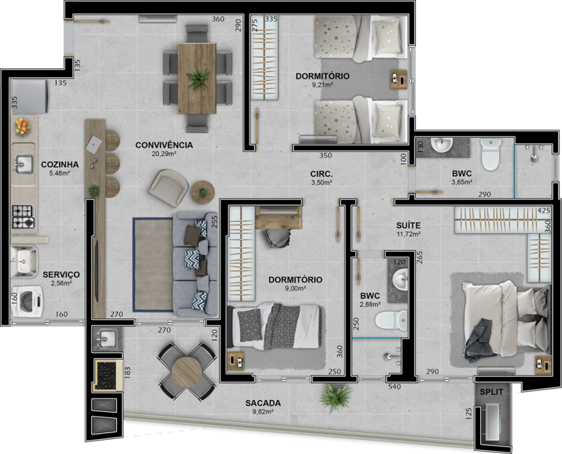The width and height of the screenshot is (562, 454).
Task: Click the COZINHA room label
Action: (60, 165)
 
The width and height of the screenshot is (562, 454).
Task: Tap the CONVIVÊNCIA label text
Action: (164, 145)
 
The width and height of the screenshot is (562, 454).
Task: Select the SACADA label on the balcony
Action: (263, 403)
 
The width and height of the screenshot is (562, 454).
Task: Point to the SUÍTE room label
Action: (408, 226)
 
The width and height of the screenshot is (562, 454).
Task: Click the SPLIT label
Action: (492, 392)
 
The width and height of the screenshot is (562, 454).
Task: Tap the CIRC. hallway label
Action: (321, 174)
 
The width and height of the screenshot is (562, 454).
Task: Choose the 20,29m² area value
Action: (165, 154)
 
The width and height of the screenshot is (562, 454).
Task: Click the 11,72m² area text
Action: (408, 234)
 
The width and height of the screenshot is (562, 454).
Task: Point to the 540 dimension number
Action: (395, 387)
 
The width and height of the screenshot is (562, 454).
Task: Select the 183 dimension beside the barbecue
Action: (127, 372)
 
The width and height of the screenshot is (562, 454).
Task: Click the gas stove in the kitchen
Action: (24, 217)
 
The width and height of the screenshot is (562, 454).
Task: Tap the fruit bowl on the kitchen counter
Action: (22, 126)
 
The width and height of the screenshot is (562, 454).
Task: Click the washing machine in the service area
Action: (27, 301)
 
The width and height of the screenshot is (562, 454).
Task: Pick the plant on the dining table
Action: (197, 78)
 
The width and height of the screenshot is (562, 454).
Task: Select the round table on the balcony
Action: (187, 372)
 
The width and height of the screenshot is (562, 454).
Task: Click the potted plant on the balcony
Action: (335, 397)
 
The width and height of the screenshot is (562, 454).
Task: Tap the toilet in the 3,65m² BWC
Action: (490, 154)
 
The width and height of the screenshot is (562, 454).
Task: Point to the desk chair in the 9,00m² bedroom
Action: (277, 237)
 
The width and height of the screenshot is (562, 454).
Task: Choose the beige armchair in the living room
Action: (169, 187)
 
